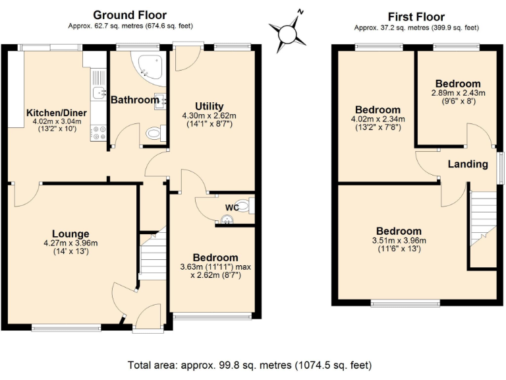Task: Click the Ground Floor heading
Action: [129, 15]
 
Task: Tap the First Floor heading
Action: [416, 16]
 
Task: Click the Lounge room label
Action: [70, 234]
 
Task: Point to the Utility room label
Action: [210, 106]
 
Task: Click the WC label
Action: [231, 208]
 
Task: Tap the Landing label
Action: [468, 164]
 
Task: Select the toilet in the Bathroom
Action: [154, 134]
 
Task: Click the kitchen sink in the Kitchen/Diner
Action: [99, 92]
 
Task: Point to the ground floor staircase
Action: [153, 257]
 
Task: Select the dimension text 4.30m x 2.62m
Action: [210, 115]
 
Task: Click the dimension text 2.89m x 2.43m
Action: [457, 93]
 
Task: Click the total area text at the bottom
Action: [250, 364]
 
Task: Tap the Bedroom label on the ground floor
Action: [215, 257]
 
